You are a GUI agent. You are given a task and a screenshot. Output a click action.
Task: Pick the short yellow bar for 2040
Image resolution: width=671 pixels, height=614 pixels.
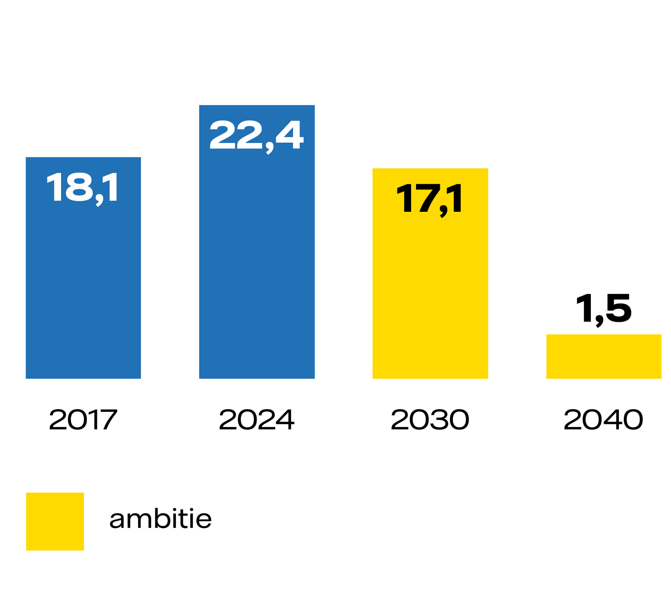pyautogui.click(x=604, y=356)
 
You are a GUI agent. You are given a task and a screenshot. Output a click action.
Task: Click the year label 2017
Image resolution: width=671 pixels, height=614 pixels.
pyautogui.click(x=83, y=419)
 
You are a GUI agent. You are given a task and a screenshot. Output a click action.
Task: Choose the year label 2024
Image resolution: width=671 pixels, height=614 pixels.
pyautogui.click(x=257, y=419)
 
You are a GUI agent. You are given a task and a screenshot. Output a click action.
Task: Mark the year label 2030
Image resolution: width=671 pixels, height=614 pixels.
pyautogui.click(x=430, y=419)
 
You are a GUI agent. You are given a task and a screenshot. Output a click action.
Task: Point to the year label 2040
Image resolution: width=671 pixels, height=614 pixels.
pyautogui.click(x=603, y=419)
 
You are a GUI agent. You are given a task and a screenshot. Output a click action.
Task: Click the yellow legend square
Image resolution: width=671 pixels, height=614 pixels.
pyautogui.click(x=55, y=522)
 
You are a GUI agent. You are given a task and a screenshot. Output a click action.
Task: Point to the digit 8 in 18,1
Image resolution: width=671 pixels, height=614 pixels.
pyautogui.click(x=79, y=187)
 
